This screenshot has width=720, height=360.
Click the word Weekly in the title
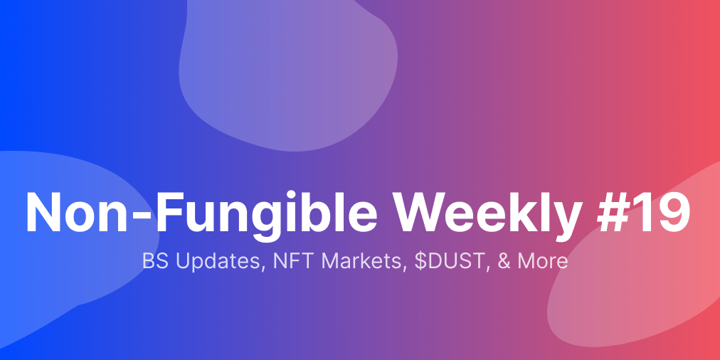click(489, 213)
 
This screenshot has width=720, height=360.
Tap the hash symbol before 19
click(615, 212)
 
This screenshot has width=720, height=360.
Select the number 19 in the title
click(663, 212)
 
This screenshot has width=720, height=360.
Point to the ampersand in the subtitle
click(504, 261)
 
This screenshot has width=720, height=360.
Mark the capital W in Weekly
click(423, 212)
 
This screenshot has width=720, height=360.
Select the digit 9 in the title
click(674, 212)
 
